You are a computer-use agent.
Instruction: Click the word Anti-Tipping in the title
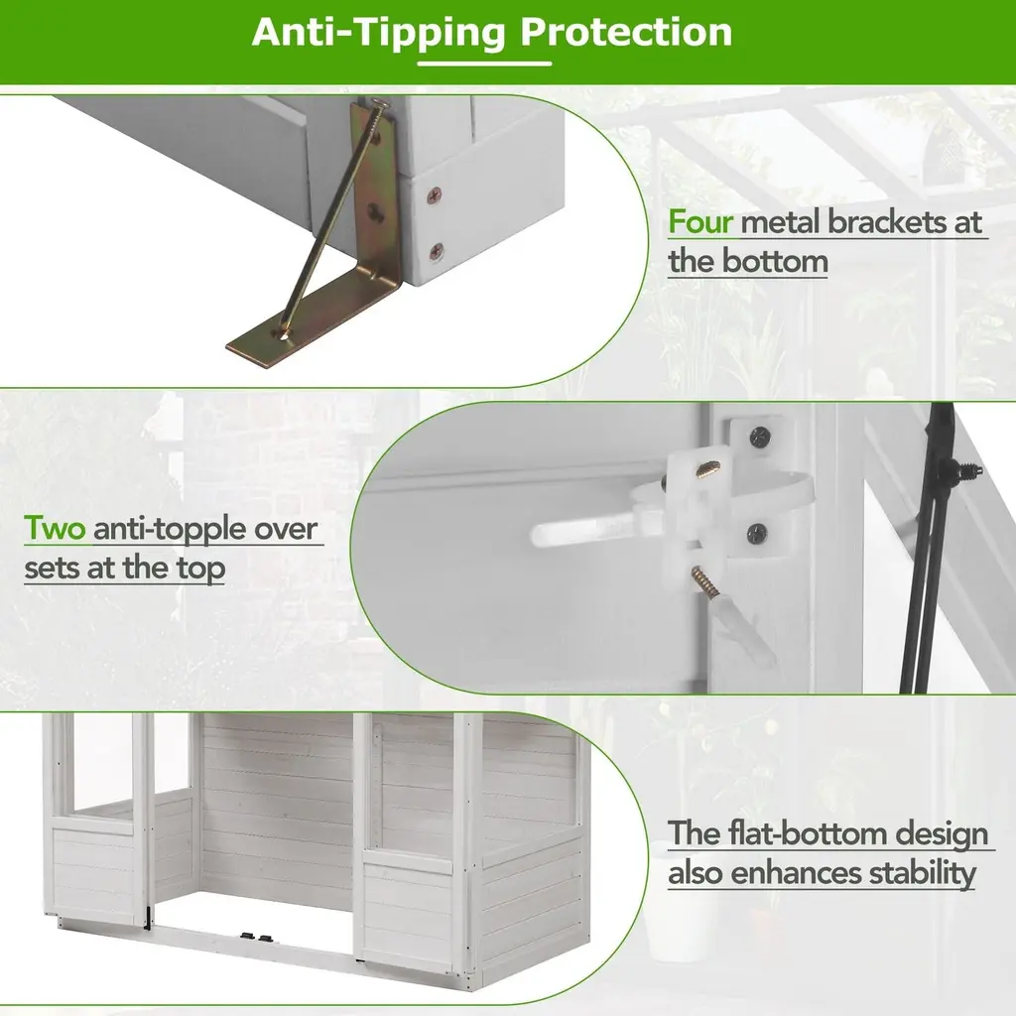[x=378, y=33]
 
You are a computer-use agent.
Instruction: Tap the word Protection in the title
[x=627, y=32]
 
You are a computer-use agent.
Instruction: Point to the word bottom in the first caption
[x=775, y=261]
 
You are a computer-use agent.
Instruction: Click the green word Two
[x=55, y=528]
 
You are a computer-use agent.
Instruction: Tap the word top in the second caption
[x=200, y=569]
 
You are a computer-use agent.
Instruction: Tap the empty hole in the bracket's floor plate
[x=283, y=334]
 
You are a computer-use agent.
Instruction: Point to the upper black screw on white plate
[x=760, y=438]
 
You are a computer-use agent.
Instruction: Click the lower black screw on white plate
[x=757, y=534]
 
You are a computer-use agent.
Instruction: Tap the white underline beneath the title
[x=484, y=63]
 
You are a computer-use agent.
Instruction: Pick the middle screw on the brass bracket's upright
[x=374, y=210]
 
